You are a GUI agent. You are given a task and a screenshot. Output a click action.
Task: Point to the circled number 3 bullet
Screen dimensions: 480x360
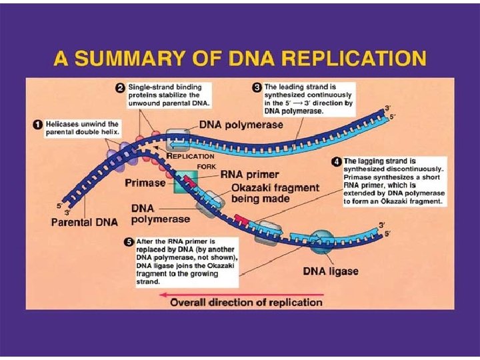coord(257,87)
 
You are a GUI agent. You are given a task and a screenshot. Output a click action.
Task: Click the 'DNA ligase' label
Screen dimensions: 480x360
coord(331,271)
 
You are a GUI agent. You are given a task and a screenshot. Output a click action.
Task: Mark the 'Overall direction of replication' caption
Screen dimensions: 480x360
coord(246,302)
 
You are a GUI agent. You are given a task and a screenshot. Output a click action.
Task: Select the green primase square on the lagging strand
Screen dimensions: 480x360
coord(187,181)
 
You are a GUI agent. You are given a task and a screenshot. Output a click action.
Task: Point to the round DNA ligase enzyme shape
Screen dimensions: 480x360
coord(322,241)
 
